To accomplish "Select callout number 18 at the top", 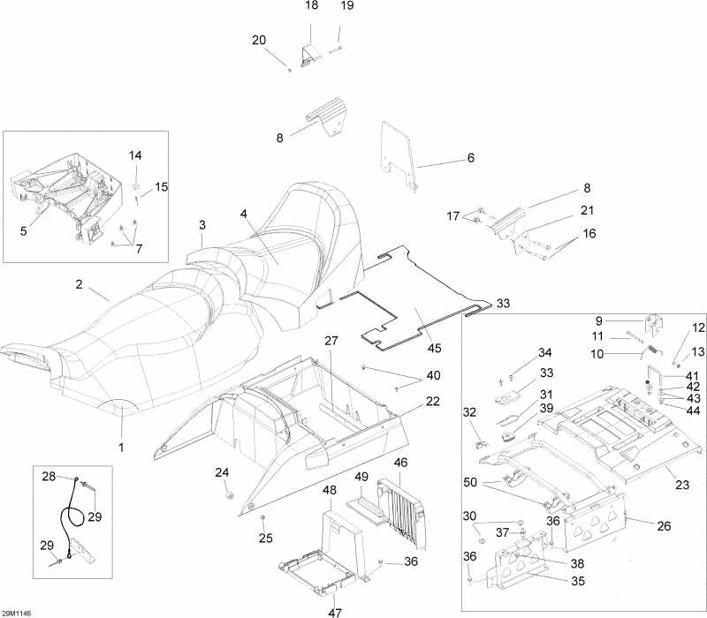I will [312, 6].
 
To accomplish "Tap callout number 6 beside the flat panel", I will [471, 158].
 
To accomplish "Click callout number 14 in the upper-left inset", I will [135, 155].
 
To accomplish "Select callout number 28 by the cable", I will [49, 476].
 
